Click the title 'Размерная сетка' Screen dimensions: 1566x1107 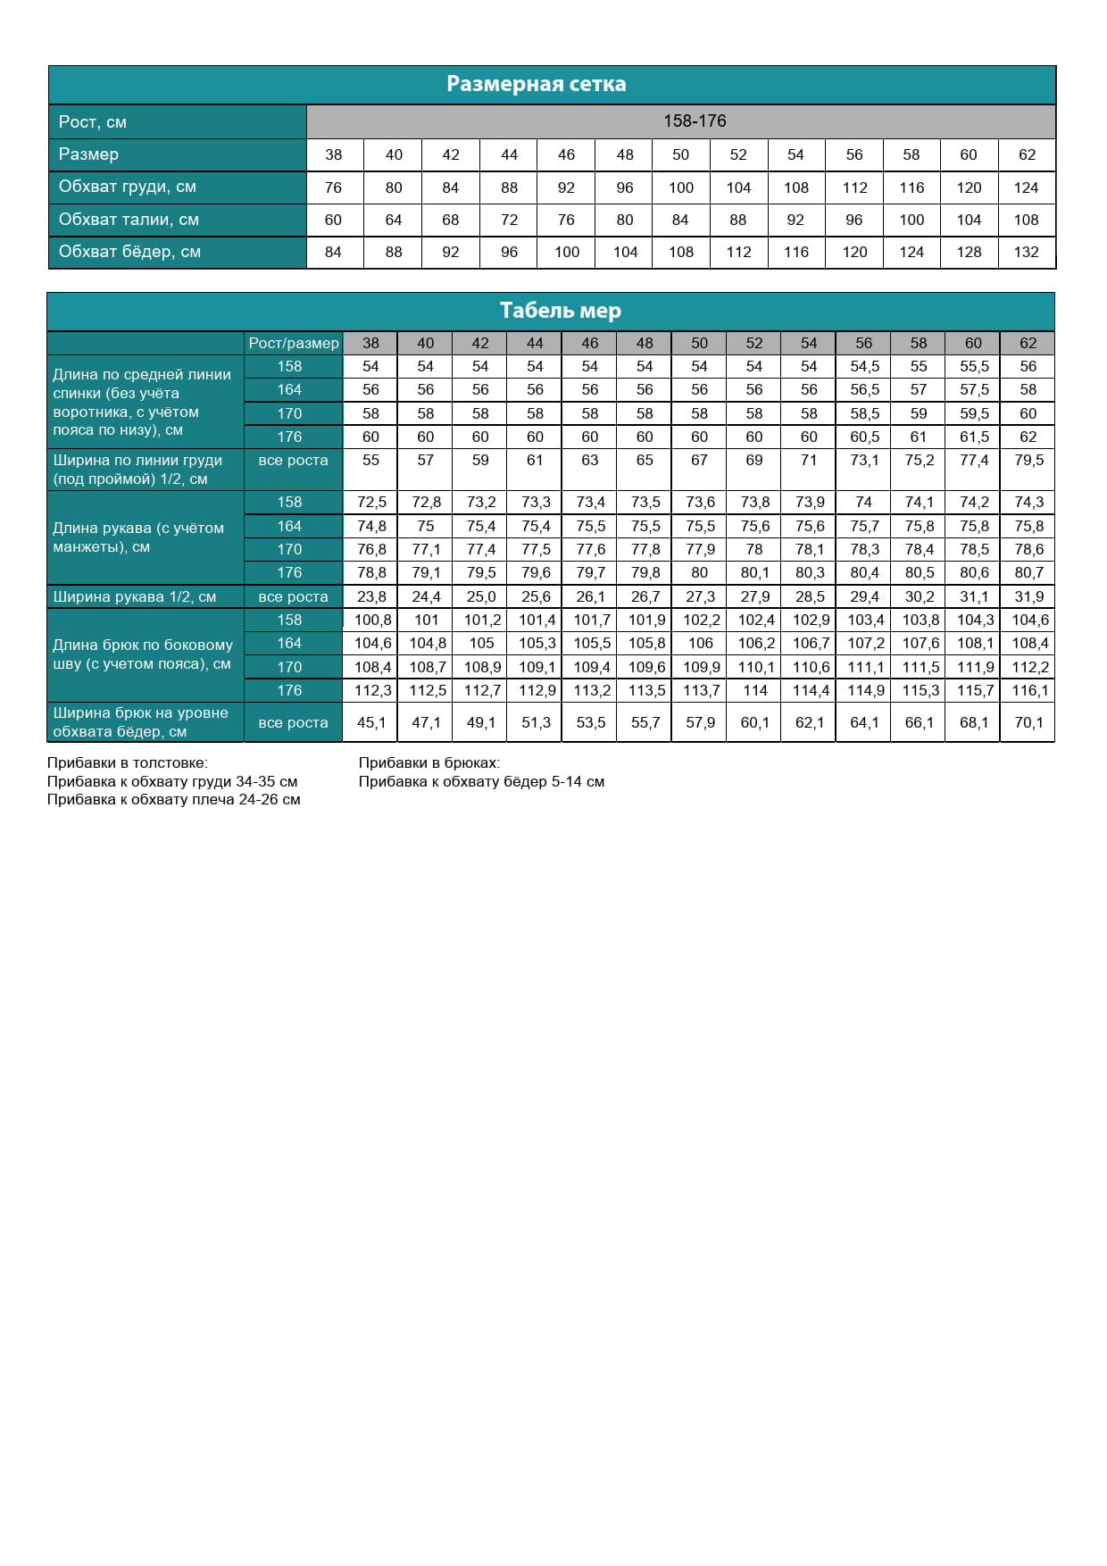(536, 84)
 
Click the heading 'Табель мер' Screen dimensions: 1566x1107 (560, 311)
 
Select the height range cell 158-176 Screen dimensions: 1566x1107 (694, 121)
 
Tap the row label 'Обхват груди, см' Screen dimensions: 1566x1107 (128, 187)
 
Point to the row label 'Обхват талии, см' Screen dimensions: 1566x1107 (129, 220)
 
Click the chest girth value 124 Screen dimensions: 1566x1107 (1026, 187)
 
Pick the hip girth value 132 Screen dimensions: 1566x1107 (1026, 252)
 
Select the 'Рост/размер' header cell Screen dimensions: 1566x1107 (294, 343)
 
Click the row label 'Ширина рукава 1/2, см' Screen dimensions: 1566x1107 (135, 596)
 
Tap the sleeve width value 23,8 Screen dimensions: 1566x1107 (371, 596)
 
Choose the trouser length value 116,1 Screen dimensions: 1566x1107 (1029, 690)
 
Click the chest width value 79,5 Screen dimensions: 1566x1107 (1028, 460)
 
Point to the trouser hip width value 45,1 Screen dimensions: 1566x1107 (371, 722)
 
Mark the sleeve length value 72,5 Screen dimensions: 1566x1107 (371, 502)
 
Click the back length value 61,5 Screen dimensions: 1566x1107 (974, 437)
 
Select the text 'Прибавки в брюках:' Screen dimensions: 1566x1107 (429, 762)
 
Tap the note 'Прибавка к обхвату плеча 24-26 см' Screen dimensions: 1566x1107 (173, 799)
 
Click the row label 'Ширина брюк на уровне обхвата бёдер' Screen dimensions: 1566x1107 (140, 721)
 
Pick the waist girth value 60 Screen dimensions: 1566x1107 (333, 220)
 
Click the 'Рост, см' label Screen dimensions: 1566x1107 (93, 122)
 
